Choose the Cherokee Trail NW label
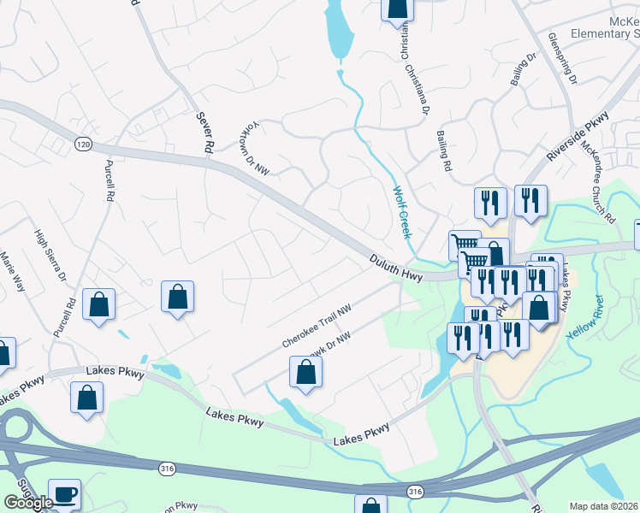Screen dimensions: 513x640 click(317, 328)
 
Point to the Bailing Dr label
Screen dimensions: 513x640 click(523, 70)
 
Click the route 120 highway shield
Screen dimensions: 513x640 click(83, 144)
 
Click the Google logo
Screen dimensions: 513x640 click(28, 503)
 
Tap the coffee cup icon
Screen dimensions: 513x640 click(65, 493)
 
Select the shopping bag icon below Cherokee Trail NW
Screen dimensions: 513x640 click(305, 372)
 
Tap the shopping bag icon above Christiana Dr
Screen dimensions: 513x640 click(397, 7)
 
